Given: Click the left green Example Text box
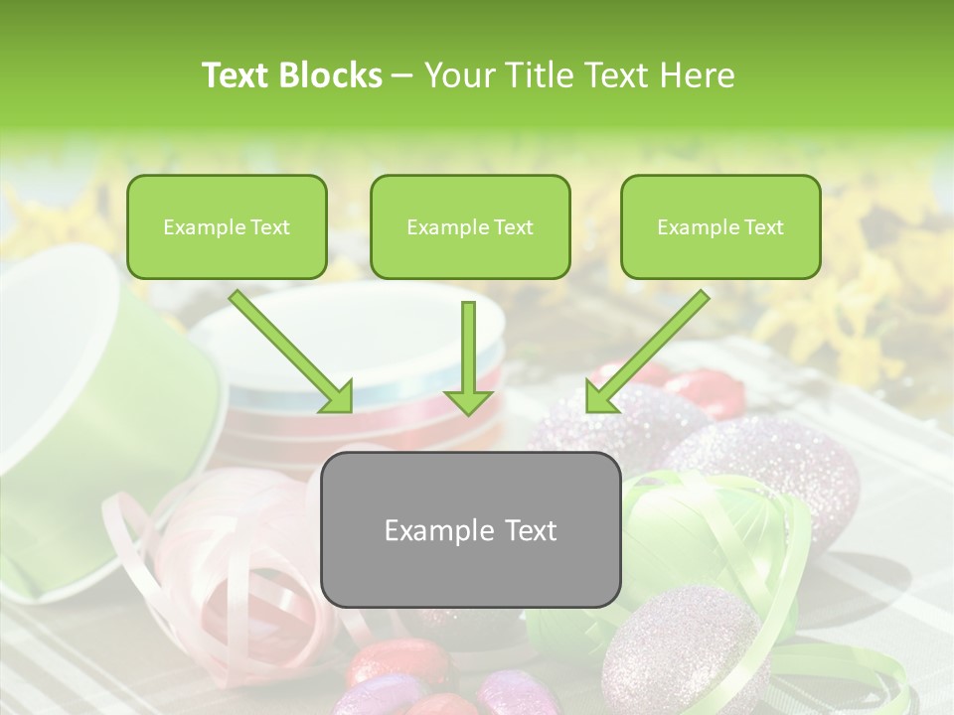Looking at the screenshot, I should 227,227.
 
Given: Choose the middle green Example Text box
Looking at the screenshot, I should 470,227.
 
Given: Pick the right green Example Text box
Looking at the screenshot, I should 720,227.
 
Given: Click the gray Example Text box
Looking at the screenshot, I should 470,529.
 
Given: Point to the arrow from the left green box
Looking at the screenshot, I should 290,350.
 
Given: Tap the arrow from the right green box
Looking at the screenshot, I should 648,350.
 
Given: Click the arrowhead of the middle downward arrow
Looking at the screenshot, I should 468,401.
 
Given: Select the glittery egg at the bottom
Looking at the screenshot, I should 686,650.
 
